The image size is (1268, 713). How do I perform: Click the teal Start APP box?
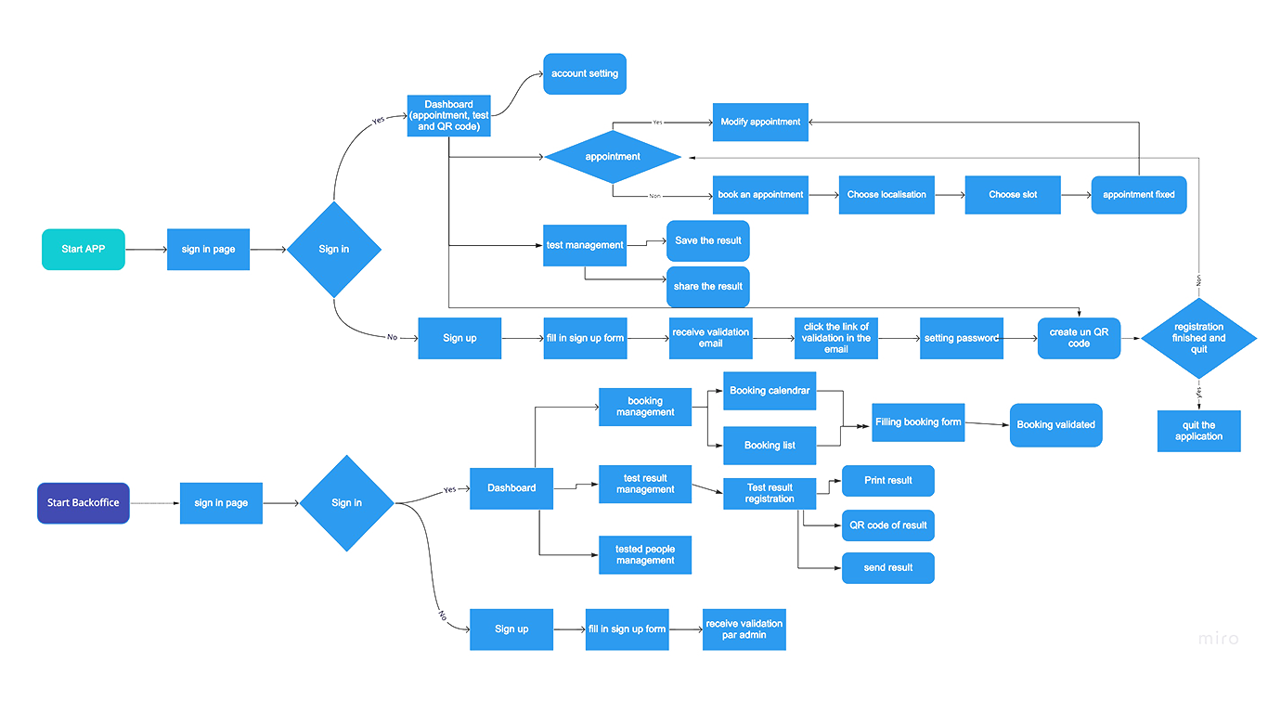84,250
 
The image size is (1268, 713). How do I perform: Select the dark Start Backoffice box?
84,503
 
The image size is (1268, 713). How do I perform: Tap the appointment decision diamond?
613,157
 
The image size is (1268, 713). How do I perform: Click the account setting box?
585,73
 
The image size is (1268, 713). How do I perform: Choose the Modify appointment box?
760,122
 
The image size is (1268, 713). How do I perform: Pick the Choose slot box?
1013,195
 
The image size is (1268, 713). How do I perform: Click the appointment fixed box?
1139,195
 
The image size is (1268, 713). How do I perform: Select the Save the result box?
708,240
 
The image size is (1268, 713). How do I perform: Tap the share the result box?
708,286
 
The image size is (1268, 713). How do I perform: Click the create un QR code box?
1079,338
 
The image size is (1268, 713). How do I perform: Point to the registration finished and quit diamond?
1198,338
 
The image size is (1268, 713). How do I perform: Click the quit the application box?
1198,431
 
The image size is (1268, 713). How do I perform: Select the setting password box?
962,338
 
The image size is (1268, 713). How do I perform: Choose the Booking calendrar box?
770,391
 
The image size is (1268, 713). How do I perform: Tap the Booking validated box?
1056,425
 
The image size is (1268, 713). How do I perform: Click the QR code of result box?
888,525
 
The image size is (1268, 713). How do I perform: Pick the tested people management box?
645,554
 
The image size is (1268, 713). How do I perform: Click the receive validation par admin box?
744,629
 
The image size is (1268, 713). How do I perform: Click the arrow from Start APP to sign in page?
146,250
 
